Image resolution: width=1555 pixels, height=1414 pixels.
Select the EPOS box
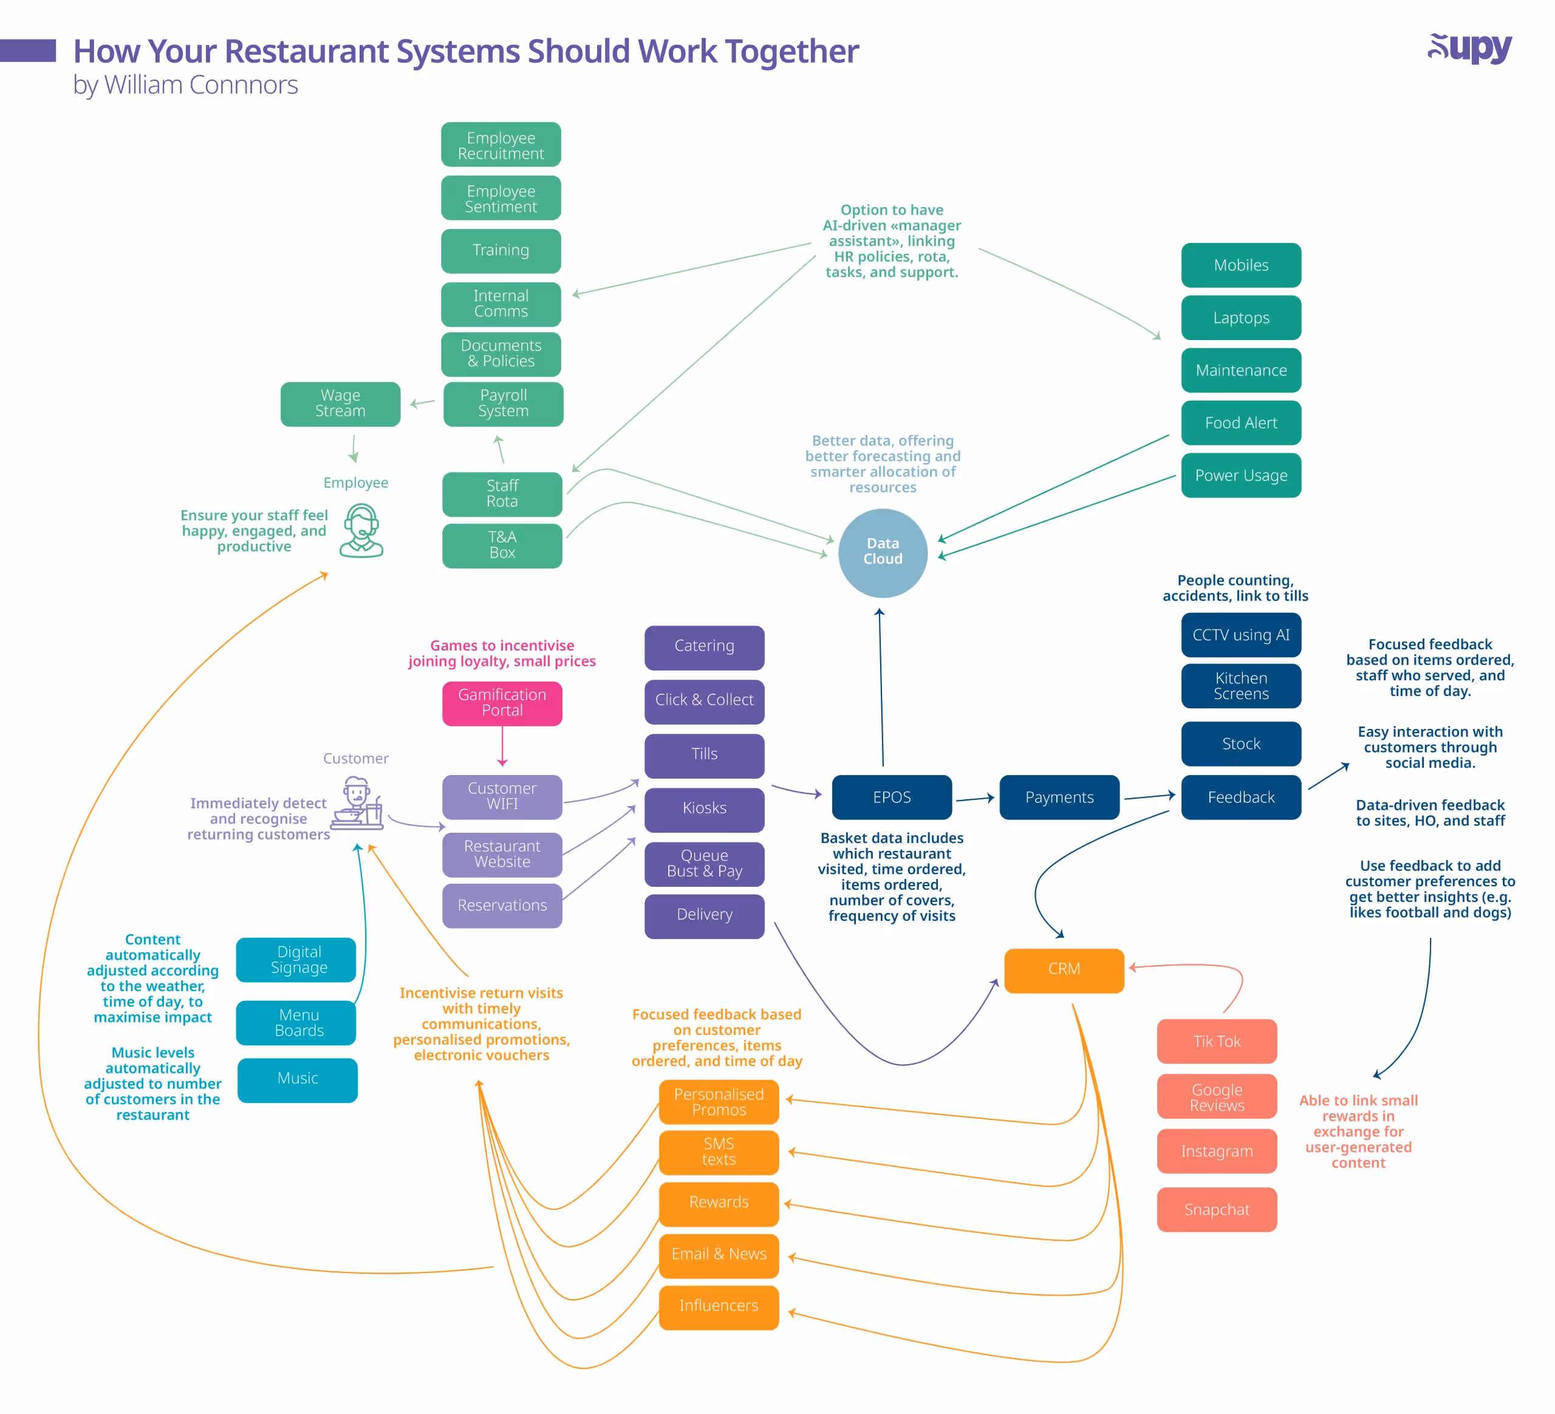(x=892, y=797)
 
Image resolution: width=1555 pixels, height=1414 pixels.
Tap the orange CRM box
(x=1064, y=969)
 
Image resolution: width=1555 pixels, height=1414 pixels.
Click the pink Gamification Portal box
(x=502, y=703)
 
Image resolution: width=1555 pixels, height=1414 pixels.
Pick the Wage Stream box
(x=340, y=403)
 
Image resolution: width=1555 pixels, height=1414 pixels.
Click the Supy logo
(x=1469, y=49)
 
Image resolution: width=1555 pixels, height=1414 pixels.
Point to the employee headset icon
(x=361, y=530)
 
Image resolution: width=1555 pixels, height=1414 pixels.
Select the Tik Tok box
(x=1217, y=1042)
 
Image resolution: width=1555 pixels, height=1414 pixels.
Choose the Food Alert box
(x=1240, y=423)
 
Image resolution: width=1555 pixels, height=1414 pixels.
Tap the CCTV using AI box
(x=1240, y=635)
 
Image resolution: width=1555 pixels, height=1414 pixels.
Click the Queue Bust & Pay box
(x=704, y=863)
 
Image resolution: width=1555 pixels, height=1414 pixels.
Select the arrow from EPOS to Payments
(x=976, y=799)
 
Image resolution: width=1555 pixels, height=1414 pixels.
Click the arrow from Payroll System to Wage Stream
(x=422, y=403)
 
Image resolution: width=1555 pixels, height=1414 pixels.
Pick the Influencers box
(x=718, y=1306)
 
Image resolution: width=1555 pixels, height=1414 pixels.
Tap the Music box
(x=298, y=1079)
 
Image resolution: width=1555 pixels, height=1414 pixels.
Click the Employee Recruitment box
(x=501, y=145)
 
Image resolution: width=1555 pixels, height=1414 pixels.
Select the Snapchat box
(x=1217, y=1209)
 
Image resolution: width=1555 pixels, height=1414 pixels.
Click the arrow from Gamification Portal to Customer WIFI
(x=502, y=746)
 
